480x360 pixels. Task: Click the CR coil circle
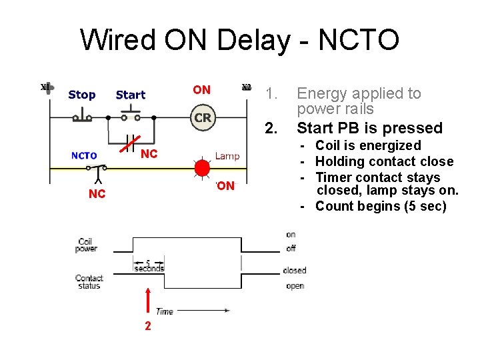coord(203,117)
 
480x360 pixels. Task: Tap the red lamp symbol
coord(202,167)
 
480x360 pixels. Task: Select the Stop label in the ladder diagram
coord(81,95)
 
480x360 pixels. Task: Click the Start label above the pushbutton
coord(130,95)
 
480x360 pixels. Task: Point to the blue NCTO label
coord(84,156)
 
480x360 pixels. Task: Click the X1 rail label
coord(45,87)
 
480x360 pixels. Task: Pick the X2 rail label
coord(246,87)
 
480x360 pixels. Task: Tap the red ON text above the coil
coord(201,90)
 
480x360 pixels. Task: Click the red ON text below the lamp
coord(226,186)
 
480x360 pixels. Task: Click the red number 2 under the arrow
coord(147,326)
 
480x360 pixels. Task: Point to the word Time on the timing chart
coord(165,311)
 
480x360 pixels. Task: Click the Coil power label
coord(87,245)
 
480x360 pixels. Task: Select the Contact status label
coord(89,281)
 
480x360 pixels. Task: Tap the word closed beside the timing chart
coord(295,270)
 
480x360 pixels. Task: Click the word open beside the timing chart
coord(294,285)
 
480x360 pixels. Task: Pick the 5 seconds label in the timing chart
coord(149,265)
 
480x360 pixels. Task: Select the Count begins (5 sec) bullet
coord(380,206)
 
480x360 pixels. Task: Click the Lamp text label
coord(227,156)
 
